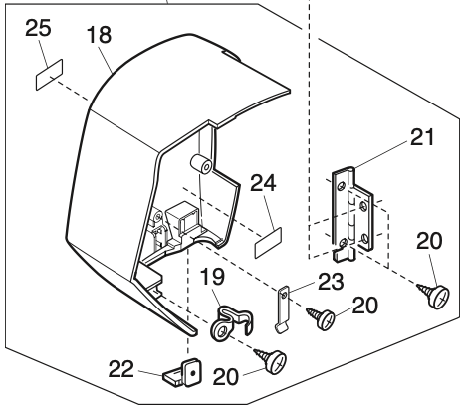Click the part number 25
(x=38, y=28)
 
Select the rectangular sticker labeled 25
(x=49, y=75)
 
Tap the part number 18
(x=99, y=35)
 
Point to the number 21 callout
(x=422, y=137)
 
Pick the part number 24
(x=263, y=183)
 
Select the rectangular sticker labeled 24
(x=268, y=242)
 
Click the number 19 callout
(x=212, y=277)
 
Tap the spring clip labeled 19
(x=231, y=323)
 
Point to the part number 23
(x=331, y=282)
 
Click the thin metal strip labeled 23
(x=283, y=309)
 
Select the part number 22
(x=121, y=369)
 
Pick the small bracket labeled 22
(x=183, y=373)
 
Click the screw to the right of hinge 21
(x=434, y=295)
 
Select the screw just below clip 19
(x=271, y=360)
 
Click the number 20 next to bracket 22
(x=226, y=377)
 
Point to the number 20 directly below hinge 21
(x=429, y=241)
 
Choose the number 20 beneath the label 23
(x=364, y=306)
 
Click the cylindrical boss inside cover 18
(x=201, y=164)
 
